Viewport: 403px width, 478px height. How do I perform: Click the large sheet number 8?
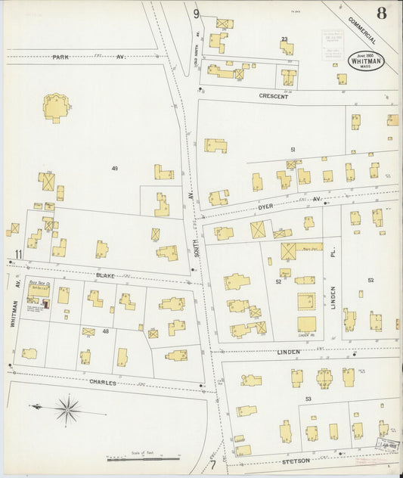(x=382, y=13)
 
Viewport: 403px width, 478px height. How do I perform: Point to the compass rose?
(x=67, y=411)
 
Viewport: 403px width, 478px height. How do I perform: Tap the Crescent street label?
(x=273, y=97)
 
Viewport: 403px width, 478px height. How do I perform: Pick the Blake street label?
(x=105, y=276)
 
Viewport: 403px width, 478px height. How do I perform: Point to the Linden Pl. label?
(x=332, y=265)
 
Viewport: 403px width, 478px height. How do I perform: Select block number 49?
(x=115, y=168)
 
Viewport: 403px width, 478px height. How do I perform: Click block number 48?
(x=106, y=331)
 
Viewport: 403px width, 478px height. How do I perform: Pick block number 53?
(x=308, y=398)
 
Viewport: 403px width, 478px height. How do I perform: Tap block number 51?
(x=292, y=150)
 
